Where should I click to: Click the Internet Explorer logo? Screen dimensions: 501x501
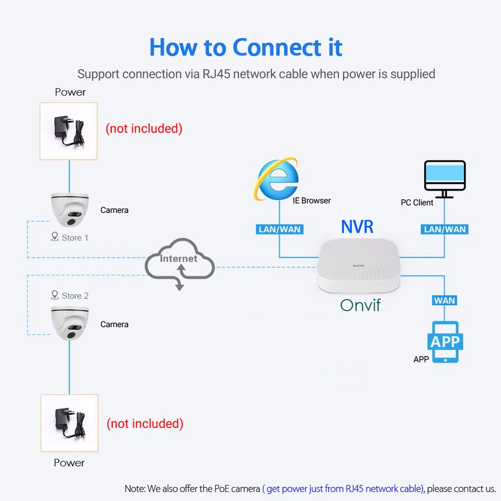click(x=277, y=179)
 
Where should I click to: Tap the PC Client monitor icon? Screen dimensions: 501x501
click(x=444, y=179)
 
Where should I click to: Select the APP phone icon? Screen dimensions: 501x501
click(x=445, y=342)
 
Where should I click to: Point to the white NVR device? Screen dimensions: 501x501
click(x=359, y=266)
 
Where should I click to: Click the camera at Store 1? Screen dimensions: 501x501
click(x=70, y=210)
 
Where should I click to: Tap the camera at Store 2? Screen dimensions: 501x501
click(x=70, y=323)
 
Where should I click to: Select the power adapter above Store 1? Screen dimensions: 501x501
click(x=68, y=131)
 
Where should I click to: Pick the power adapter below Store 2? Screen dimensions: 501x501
click(x=69, y=423)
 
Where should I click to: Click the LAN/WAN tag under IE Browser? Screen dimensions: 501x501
click(x=280, y=229)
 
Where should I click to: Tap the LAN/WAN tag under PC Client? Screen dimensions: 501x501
click(x=444, y=229)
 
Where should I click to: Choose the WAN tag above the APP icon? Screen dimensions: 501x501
click(x=444, y=301)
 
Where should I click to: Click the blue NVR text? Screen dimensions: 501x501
click(x=357, y=227)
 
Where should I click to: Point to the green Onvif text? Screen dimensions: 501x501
click(x=360, y=305)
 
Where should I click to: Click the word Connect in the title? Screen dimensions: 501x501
click(x=277, y=47)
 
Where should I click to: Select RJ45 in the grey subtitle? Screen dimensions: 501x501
click(x=216, y=74)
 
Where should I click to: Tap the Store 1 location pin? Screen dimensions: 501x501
click(x=55, y=236)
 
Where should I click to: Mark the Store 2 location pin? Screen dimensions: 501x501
click(x=55, y=295)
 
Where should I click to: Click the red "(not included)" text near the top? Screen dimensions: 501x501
click(x=144, y=128)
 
